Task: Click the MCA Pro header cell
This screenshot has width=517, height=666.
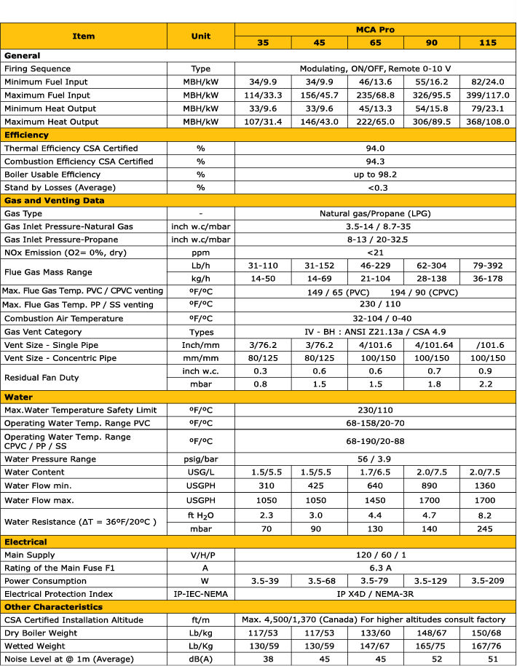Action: click(375, 29)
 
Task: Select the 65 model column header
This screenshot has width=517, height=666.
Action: click(375, 43)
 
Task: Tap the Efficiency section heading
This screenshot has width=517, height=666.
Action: click(27, 135)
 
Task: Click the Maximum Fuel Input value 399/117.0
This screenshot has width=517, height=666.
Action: click(487, 95)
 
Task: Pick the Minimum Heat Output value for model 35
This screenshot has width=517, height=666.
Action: click(263, 108)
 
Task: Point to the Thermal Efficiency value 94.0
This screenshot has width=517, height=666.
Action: click(375, 148)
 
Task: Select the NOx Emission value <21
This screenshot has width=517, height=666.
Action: click(375, 253)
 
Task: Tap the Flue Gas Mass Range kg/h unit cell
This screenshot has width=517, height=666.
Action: click(201, 279)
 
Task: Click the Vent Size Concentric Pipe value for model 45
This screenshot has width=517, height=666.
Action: click(319, 358)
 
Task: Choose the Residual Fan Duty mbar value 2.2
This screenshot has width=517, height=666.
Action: click(487, 384)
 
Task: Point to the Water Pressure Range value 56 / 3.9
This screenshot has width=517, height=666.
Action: click(375, 459)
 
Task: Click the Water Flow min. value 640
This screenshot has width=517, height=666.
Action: click(375, 485)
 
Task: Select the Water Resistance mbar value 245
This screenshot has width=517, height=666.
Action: click(487, 528)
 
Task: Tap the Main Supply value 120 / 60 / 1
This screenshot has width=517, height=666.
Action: click(375, 555)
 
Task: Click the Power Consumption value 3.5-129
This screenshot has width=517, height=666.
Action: click(431, 581)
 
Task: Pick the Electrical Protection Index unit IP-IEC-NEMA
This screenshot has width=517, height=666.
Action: click(201, 594)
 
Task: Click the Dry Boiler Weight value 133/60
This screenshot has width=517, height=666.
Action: click(375, 633)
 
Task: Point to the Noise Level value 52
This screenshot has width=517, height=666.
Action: click(431, 659)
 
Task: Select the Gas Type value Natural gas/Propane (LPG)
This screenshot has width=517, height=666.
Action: click(375, 214)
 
